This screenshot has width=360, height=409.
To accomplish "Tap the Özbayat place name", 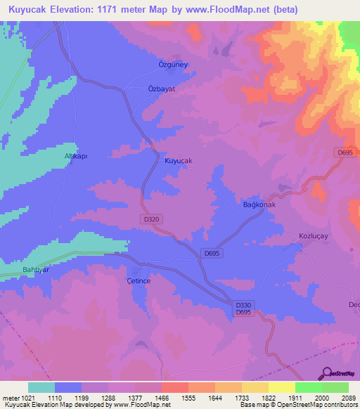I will (160, 89).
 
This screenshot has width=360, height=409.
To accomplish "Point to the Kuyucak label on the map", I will (179, 161).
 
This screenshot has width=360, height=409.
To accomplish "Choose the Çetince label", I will (139, 280).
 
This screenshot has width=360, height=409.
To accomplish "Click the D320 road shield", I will (153, 221).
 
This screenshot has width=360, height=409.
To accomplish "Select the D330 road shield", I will (243, 304).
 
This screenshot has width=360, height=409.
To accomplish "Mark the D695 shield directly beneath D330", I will (243, 312).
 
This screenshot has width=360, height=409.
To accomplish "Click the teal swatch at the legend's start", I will (41, 387).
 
